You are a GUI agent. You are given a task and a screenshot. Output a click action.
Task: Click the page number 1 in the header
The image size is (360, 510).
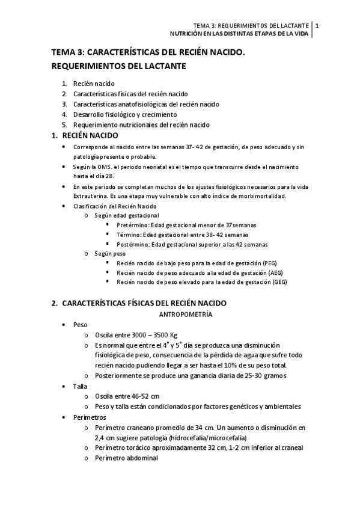pyautogui.click(x=317, y=26)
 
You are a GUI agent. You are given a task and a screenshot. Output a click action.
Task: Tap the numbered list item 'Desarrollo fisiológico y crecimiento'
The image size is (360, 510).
pyautogui.click(x=125, y=114)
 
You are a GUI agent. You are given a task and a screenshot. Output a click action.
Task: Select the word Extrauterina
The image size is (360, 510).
pyautogui.click(x=91, y=197)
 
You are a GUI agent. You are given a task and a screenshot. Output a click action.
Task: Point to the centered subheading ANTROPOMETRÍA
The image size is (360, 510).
pyautogui.click(x=185, y=315)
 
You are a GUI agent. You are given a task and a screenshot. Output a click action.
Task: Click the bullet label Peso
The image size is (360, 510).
pyautogui.click(x=81, y=325)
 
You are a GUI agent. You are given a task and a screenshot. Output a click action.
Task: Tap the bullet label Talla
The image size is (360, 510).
pyautogui.click(x=81, y=387)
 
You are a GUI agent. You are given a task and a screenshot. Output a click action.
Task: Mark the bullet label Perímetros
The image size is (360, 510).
pyautogui.click(x=90, y=417)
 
